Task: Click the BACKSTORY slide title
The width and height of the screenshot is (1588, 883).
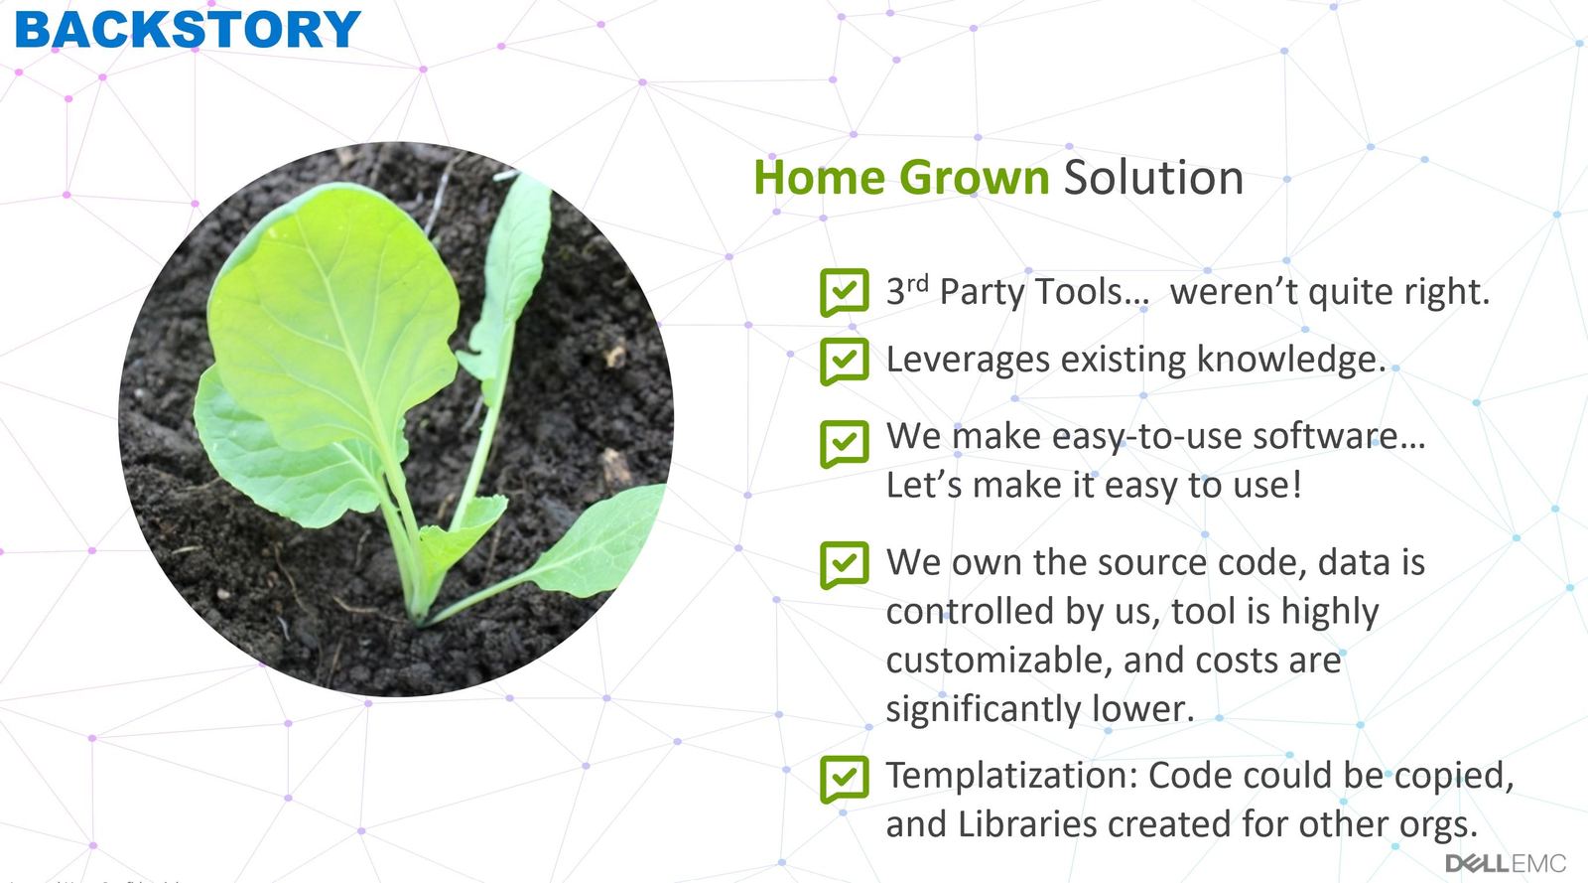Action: (187, 29)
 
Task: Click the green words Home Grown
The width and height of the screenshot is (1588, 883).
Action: (900, 178)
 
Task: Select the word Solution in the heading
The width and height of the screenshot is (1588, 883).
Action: (1153, 178)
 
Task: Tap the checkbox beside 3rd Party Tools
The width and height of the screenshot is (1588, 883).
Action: (844, 291)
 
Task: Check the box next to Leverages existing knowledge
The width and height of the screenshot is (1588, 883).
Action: (844, 360)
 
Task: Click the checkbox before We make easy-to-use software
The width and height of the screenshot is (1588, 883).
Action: (844, 442)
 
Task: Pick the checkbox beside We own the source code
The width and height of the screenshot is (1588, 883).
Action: (844, 564)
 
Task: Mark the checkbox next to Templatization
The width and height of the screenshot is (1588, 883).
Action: (844, 778)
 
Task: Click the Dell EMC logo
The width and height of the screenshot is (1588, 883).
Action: (1505, 862)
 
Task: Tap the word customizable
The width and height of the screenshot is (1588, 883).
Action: (999, 661)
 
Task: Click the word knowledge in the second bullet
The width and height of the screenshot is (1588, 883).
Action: (1290, 360)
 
